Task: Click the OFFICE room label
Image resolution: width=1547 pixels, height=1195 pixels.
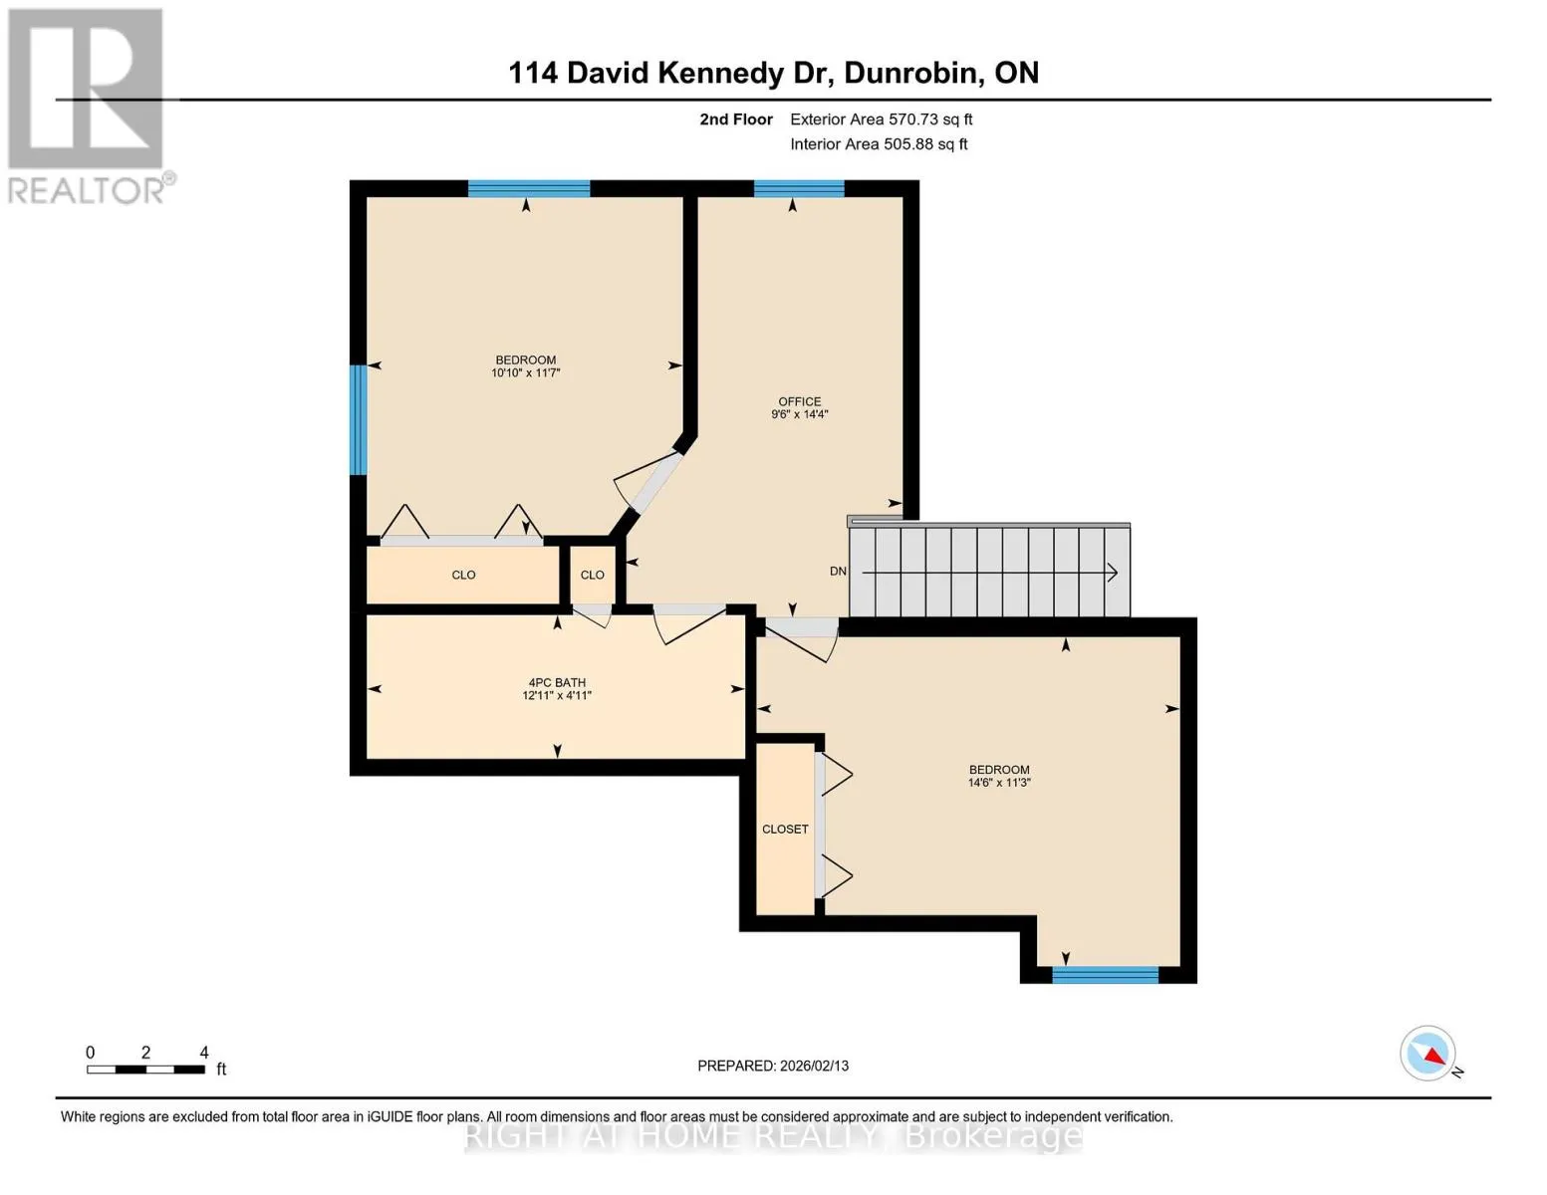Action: click(x=800, y=401)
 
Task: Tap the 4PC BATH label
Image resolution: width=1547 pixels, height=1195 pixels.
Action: click(x=557, y=682)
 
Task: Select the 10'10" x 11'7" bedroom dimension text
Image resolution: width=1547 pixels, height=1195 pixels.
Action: click(x=526, y=372)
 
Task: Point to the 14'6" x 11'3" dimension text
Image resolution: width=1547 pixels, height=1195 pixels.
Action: click(x=999, y=782)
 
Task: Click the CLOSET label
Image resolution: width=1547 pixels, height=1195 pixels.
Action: click(x=785, y=830)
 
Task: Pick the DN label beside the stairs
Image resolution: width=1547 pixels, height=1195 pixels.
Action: click(x=838, y=571)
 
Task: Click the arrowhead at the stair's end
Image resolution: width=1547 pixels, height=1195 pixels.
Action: click(x=1113, y=573)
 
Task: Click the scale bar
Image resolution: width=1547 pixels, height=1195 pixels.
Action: click(x=146, y=1069)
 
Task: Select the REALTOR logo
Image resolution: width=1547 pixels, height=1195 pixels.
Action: click(x=87, y=107)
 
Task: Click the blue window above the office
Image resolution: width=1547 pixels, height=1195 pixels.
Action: click(x=799, y=188)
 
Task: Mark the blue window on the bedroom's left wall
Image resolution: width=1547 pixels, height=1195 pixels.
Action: click(x=358, y=420)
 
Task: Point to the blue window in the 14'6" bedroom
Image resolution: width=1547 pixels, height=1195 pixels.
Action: click(x=1106, y=974)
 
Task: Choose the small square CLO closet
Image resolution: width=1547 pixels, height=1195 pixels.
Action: click(x=593, y=575)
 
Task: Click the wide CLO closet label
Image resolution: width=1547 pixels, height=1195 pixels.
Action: click(x=463, y=575)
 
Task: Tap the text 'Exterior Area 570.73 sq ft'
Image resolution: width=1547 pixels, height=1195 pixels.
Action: click(x=882, y=119)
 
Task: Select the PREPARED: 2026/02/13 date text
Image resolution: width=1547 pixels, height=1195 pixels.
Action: click(x=773, y=1066)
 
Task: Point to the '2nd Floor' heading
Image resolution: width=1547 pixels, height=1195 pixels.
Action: click(x=736, y=119)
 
